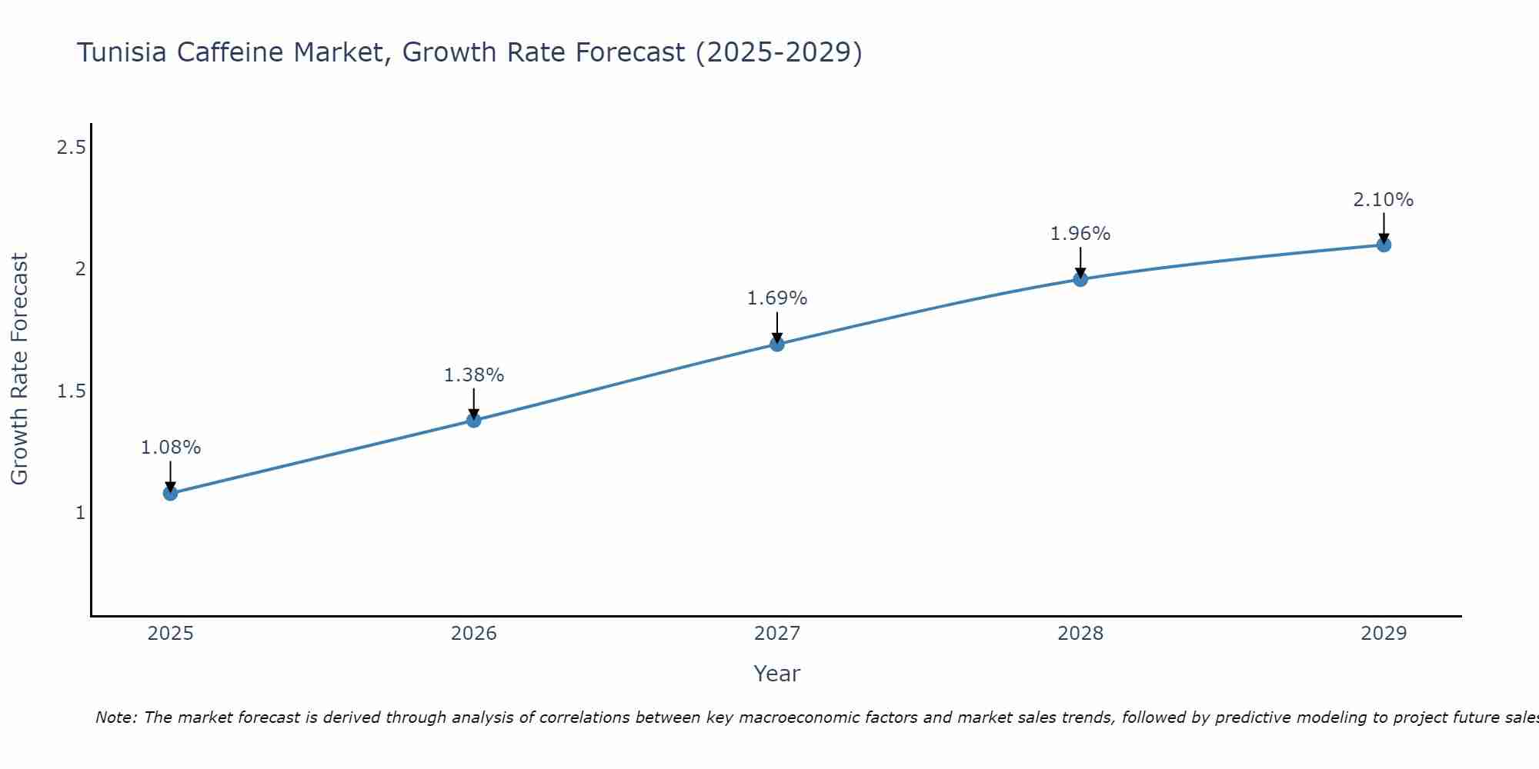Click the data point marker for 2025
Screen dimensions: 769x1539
tap(170, 493)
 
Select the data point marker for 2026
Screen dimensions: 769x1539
tap(474, 420)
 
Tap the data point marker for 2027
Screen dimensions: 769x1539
tap(777, 344)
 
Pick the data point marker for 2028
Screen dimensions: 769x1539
tap(1080, 279)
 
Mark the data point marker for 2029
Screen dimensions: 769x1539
tap(1384, 245)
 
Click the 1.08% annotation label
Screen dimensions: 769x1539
tap(170, 448)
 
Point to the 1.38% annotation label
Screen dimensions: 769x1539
tap(474, 375)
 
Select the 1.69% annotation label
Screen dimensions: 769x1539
tap(777, 298)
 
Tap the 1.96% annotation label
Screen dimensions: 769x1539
tap(1080, 234)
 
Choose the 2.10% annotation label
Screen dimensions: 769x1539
tap(1384, 200)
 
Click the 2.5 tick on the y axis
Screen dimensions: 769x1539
tap(71, 148)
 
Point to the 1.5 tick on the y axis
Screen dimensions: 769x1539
tap(71, 391)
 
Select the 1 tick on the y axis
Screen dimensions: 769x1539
tap(80, 513)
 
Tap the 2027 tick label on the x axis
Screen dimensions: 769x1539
tap(777, 634)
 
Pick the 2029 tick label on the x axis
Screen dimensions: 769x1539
tap(1384, 634)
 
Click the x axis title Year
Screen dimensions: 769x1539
tap(777, 674)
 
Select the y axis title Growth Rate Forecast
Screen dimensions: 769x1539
tap(19, 369)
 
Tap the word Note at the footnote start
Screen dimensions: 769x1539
tap(115, 717)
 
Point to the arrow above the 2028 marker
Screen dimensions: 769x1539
tap(1080, 261)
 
